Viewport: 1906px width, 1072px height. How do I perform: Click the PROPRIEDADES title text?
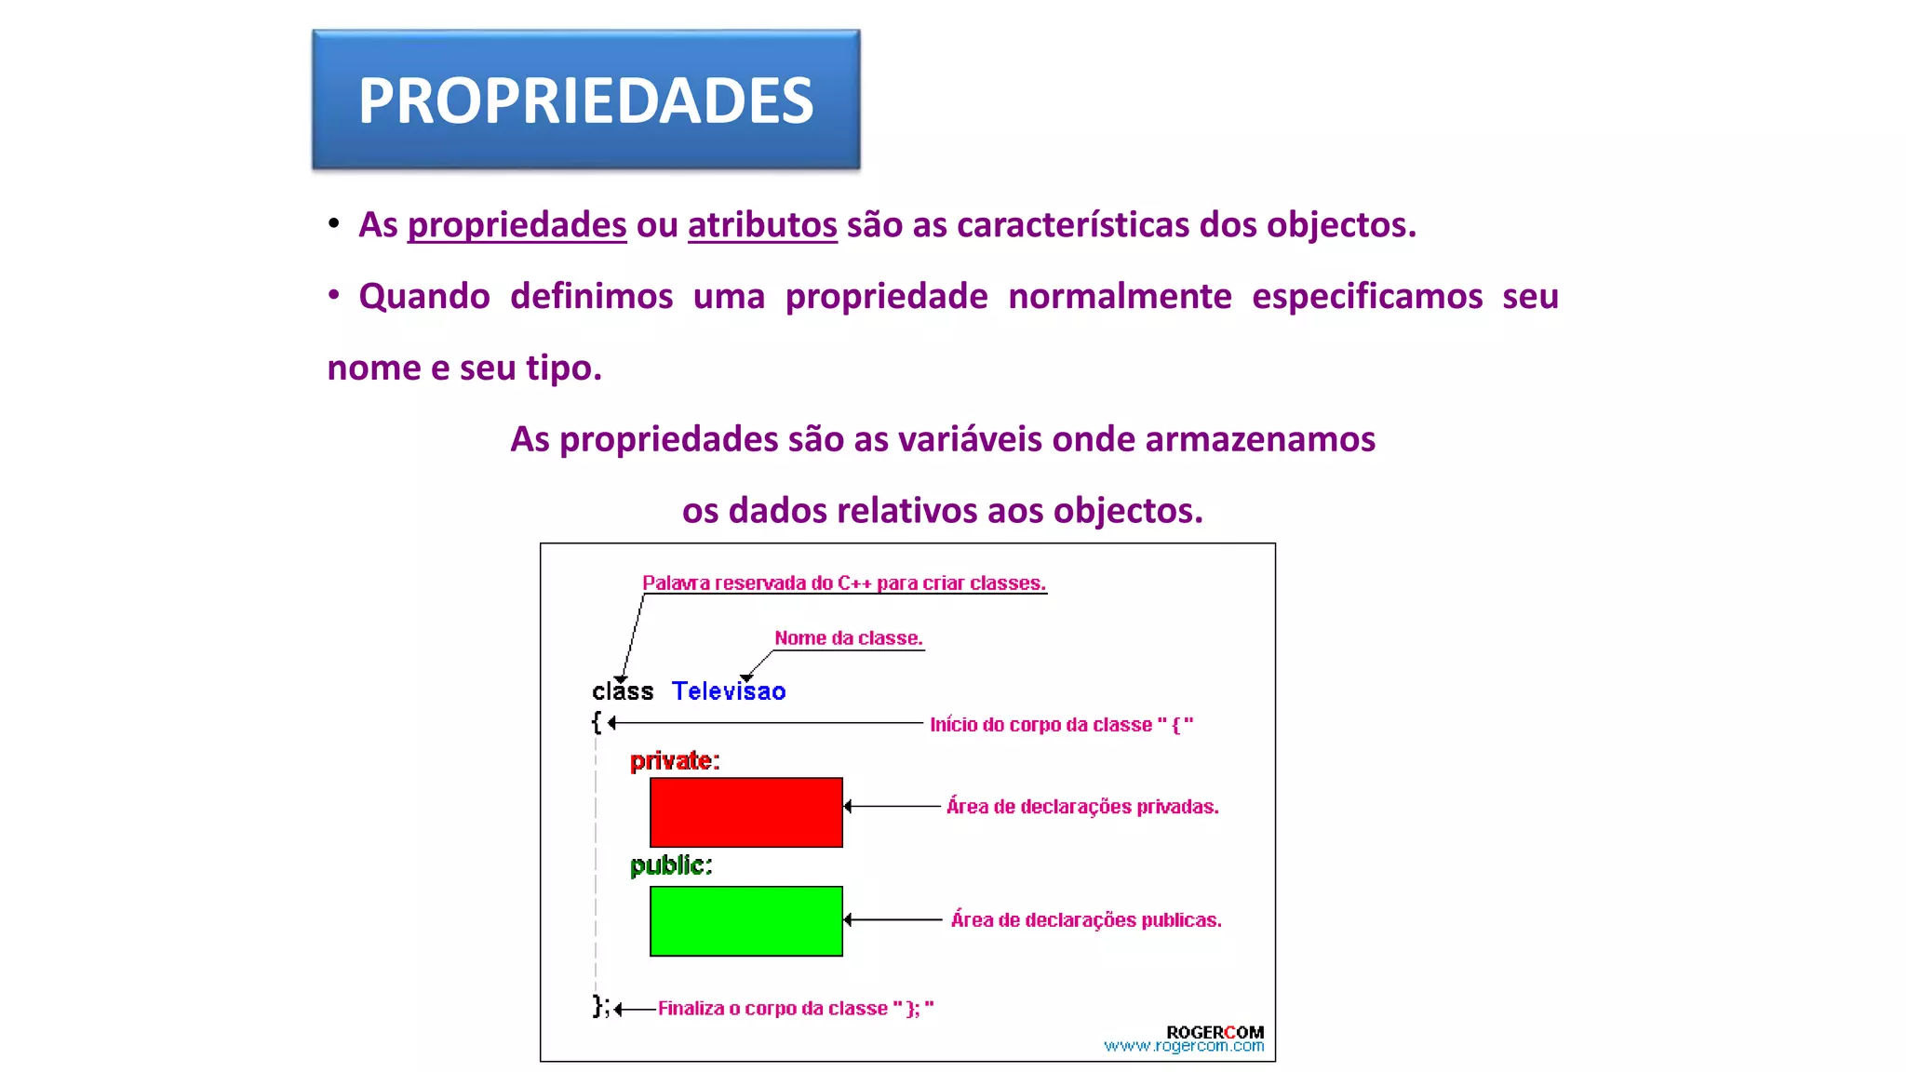585,100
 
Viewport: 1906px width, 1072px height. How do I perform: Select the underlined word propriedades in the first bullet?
517,225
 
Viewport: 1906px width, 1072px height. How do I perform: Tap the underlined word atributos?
762,225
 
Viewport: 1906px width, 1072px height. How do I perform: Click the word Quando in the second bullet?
424,297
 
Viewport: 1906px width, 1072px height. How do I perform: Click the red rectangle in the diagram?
745,812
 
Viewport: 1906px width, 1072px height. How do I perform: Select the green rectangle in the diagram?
745,921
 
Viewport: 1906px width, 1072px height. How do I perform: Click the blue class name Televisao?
729,691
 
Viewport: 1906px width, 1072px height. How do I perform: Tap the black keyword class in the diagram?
623,691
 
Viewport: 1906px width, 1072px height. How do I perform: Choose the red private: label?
675,761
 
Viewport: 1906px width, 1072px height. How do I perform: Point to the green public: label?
671,865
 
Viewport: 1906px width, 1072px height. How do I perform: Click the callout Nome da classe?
848,638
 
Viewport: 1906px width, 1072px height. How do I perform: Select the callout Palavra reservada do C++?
843,583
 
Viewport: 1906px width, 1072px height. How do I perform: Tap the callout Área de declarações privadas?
1082,807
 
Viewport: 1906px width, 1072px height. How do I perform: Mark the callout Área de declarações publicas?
1086,920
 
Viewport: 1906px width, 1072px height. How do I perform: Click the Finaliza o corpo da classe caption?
796,1009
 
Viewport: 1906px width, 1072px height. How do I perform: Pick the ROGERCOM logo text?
1215,1032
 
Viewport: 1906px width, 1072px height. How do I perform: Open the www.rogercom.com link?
1184,1047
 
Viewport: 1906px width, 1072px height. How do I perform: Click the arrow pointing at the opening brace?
763,723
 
